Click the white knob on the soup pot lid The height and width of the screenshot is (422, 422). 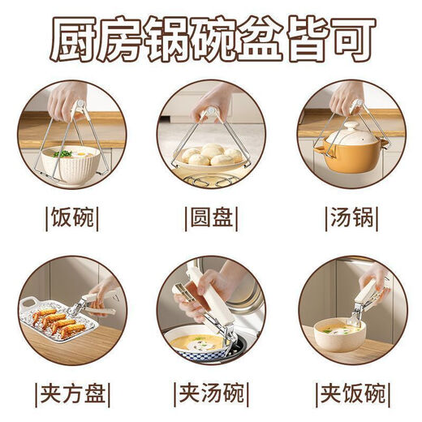pos(352,127)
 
